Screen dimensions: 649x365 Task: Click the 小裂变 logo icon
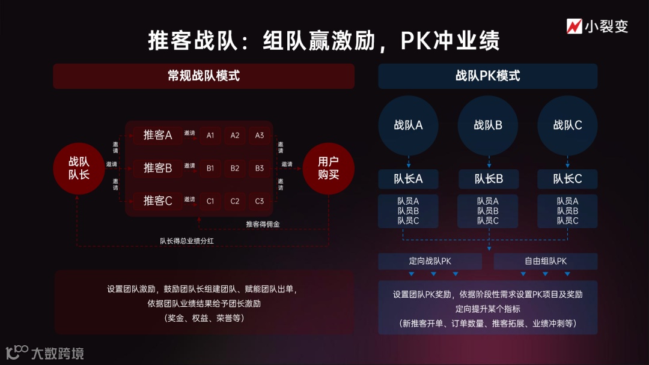(574, 26)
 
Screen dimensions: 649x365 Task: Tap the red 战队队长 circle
(79, 168)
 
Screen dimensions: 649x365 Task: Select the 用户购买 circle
(328, 168)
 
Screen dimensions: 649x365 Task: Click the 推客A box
(157, 136)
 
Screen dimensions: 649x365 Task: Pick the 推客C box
(157, 201)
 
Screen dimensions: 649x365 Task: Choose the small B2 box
(235, 169)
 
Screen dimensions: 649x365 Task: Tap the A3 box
(260, 136)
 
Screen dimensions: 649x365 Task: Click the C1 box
(210, 201)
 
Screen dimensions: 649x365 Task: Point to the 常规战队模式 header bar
(204, 76)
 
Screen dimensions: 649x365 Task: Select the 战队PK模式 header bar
(487, 76)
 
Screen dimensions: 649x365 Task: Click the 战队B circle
(488, 125)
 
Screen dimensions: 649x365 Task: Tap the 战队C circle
(567, 125)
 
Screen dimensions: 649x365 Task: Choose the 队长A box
(408, 179)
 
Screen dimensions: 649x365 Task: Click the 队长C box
(567, 179)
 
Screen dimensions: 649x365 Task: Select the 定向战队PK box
(430, 261)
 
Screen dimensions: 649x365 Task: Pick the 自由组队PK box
(546, 261)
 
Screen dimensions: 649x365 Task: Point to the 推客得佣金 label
(263, 225)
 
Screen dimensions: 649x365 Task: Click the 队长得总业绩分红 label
(186, 241)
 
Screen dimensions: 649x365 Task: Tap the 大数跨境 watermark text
(57, 354)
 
